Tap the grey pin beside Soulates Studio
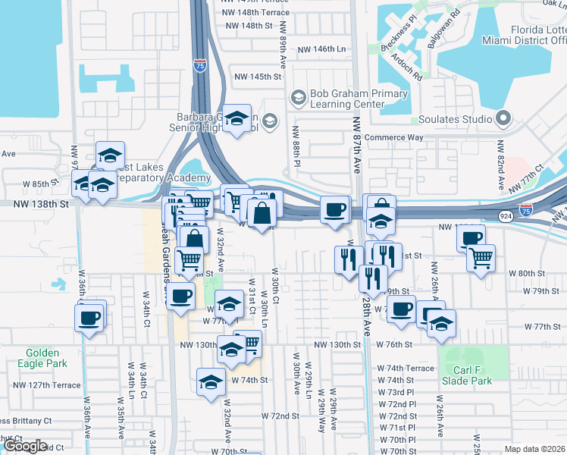click(502, 118)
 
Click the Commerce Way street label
click(393, 138)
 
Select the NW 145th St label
click(258, 77)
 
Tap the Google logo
click(24, 446)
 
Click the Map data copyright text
click(535, 449)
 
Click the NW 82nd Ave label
click(501, 165)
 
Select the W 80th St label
click(529, 273)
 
